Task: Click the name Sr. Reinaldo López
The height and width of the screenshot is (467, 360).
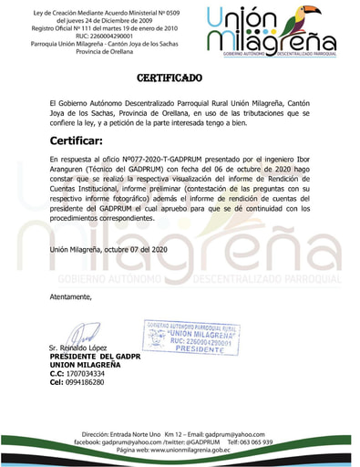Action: coord(78,349)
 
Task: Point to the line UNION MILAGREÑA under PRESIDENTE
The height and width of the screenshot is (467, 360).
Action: coord(87,365)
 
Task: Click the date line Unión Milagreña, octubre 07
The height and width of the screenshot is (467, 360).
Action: coord(109,251)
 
